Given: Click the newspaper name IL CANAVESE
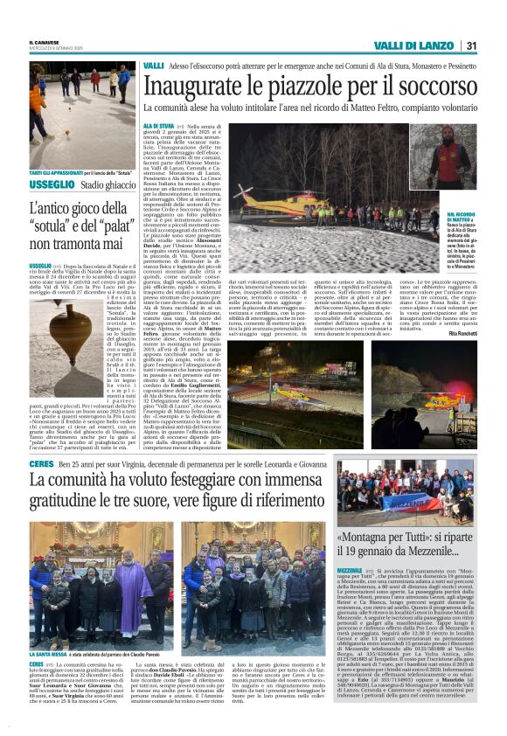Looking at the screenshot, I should (x=43, y=41).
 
